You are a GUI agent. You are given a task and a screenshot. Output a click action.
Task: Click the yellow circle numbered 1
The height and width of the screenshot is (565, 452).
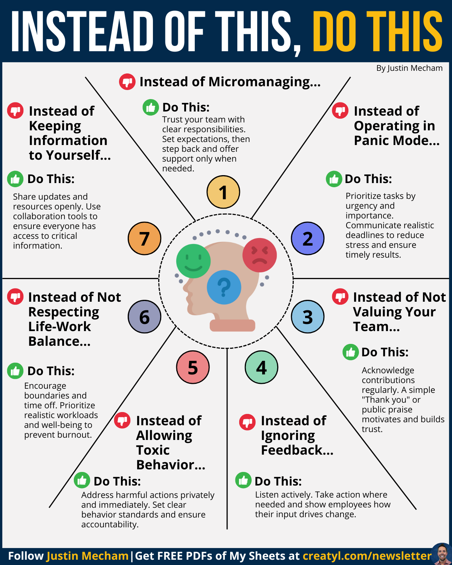coord(223,192)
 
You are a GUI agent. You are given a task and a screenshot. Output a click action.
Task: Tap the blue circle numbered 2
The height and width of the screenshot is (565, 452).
coord(308,238)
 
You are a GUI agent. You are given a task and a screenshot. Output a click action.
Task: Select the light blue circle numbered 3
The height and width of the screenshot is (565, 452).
coord(308,317)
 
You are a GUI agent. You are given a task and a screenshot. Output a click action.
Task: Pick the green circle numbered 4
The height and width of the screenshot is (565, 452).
coord(261,367)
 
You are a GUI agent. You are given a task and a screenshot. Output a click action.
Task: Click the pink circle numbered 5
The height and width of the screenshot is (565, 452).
coord(193,367)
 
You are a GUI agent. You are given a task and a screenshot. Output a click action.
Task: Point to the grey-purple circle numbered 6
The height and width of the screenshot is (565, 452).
coord(145,317)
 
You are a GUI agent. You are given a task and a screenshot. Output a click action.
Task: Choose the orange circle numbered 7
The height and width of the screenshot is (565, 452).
coord(145,238)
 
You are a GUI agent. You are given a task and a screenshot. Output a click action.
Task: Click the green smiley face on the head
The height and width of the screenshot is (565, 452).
coord(193,261)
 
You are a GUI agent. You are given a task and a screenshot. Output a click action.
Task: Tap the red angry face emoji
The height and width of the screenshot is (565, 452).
coord(260,255)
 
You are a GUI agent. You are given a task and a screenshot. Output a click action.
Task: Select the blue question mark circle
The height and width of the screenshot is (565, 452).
coord(224,287)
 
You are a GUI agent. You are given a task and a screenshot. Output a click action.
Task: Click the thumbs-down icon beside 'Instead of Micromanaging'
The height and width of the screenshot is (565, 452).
coord(127,81)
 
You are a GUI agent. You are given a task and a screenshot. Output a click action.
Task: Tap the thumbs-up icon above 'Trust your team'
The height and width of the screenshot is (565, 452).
coord(151,107)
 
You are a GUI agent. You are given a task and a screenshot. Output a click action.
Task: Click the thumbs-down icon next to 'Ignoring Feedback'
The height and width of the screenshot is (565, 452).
coord(247,422)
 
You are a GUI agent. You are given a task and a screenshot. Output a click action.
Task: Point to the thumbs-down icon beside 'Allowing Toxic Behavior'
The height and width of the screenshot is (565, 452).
coord(122,420)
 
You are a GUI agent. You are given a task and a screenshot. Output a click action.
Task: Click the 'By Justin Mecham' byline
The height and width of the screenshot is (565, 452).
coord(409,68)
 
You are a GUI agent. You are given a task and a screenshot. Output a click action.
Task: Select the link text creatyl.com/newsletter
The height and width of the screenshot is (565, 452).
coord(367,556)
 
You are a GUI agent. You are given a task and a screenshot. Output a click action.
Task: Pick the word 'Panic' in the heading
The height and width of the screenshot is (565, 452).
coord(371,140)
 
